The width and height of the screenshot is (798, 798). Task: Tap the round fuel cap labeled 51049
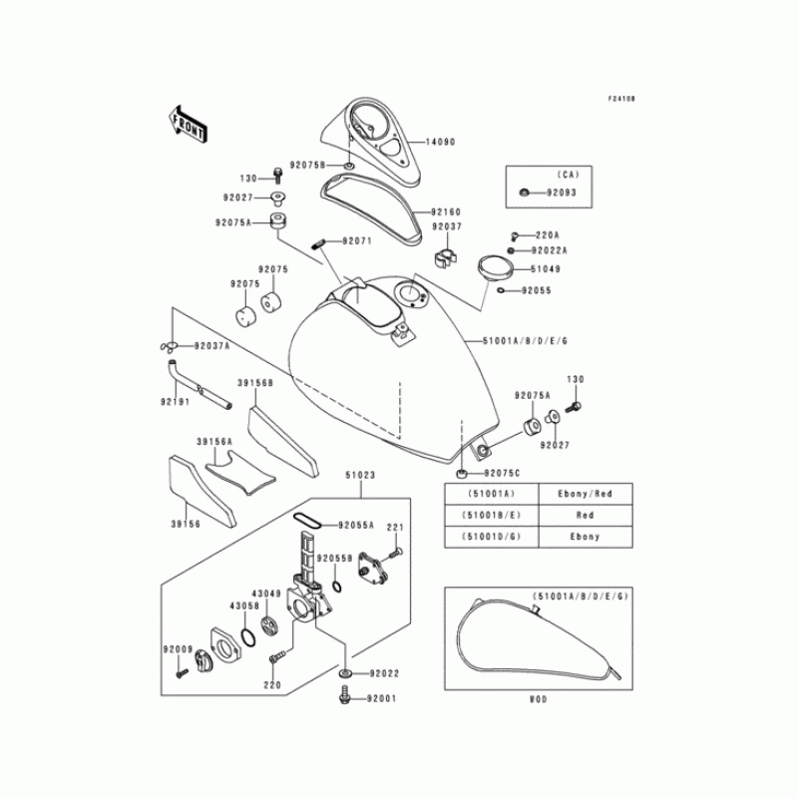click(x=490, y=267)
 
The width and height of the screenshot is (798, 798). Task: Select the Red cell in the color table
click(x=586, y=515)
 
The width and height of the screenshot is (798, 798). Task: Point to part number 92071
click(x=356, y=241)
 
